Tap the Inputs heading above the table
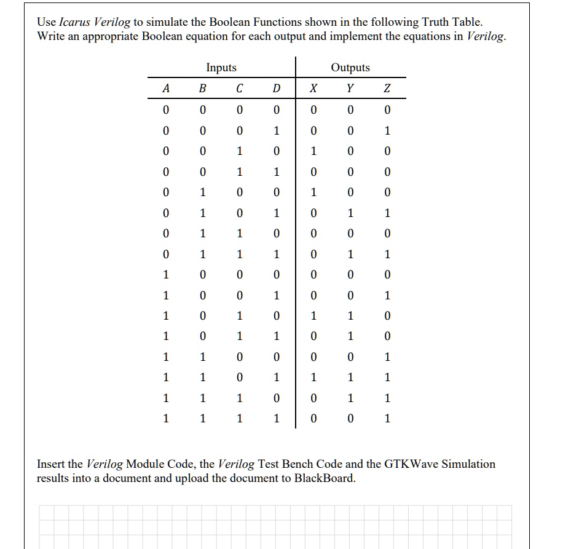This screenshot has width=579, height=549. click(x=221, y=68)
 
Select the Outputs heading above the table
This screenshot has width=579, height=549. click(x=350, y=68)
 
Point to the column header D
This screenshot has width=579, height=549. click(x=277, y=89)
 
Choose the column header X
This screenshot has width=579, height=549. click(x=313, y=89)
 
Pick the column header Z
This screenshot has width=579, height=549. click(x=387, y=89)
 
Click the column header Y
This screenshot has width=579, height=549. click(x=350, y=89)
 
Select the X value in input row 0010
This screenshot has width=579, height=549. click(x=313, y=151)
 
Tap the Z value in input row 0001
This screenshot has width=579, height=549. click(x=387, y=131)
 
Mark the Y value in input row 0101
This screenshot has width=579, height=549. click(x=350, y=213)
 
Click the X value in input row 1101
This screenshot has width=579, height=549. click(x=313, y=377)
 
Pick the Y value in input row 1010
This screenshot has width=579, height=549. click(x=350, y=316)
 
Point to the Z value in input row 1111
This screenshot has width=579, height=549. click(x=387, y=419)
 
